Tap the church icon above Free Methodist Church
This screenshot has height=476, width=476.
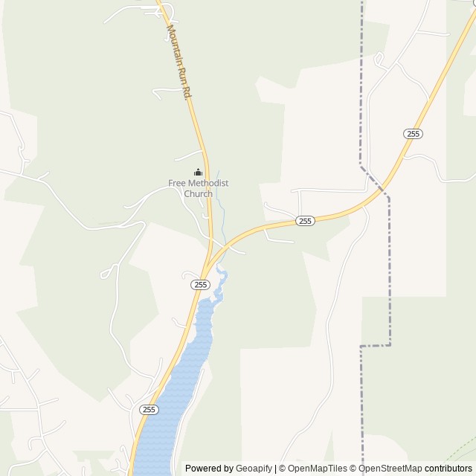point(198,172)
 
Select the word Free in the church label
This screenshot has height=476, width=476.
point(177,183)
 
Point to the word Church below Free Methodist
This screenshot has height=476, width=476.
point(198,193)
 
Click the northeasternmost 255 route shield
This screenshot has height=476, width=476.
point(414,133)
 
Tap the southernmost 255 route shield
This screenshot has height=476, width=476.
point(148,409)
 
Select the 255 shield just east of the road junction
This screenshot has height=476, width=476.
point(305,221)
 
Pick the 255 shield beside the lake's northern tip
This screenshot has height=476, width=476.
point(199,284)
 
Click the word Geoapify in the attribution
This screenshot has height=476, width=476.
point(254,469)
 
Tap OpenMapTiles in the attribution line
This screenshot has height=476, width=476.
point(318,469)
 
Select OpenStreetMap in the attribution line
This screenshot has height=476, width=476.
point(390,469)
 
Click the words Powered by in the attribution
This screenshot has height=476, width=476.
point(209,469)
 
